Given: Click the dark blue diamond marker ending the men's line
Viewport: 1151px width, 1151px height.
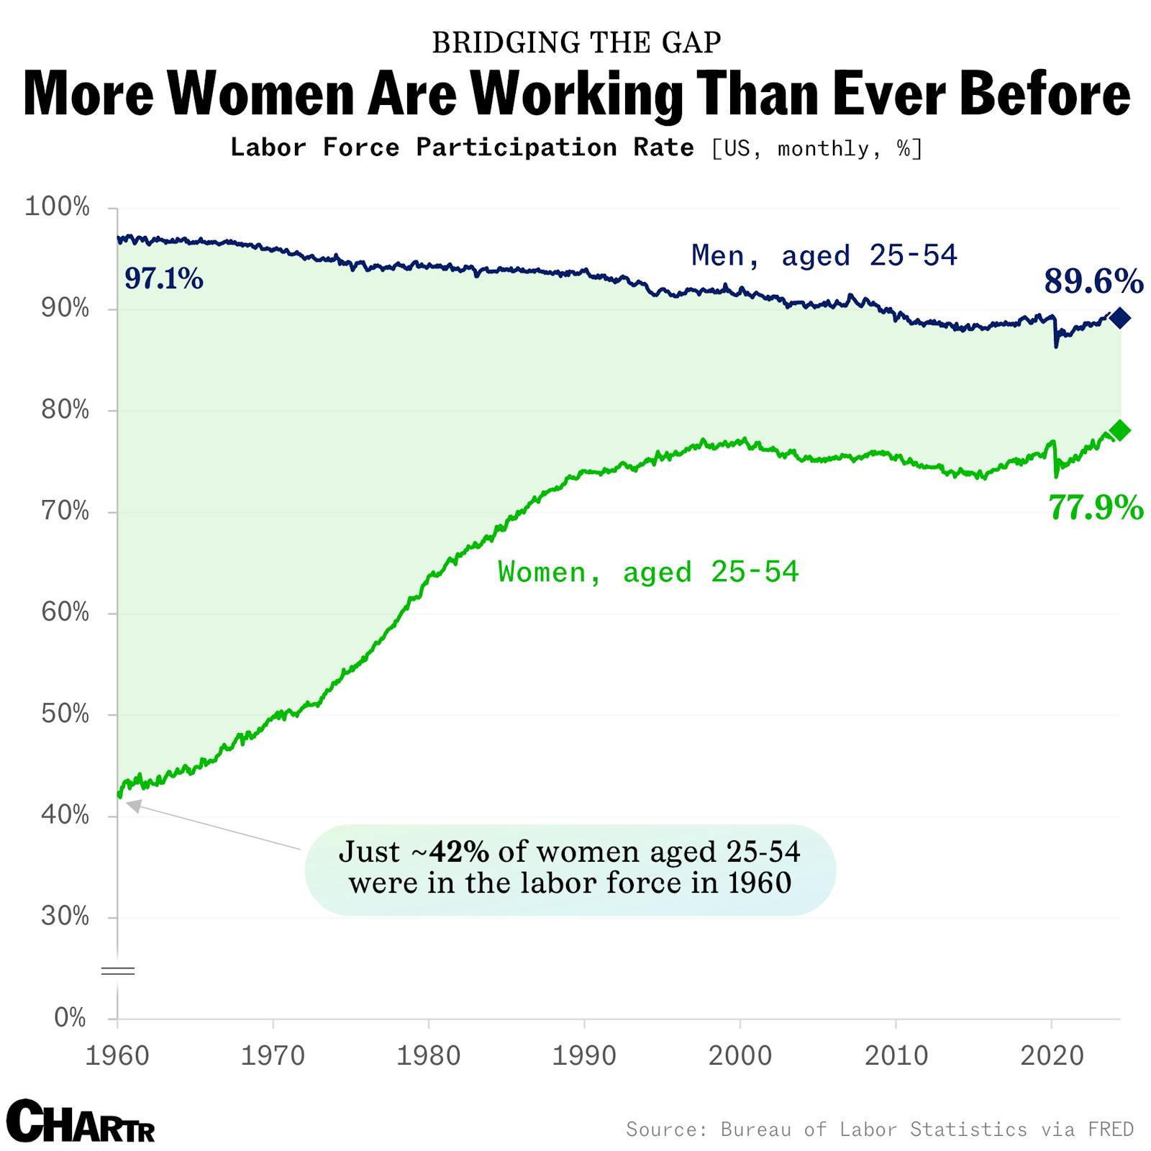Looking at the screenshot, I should tap(1119, 318).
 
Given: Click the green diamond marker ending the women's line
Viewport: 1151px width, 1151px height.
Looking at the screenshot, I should tap(1119, 431).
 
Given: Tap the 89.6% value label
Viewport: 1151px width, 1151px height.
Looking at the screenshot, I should tap(1093, 281).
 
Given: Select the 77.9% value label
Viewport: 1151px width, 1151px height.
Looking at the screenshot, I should tap(1096, 508).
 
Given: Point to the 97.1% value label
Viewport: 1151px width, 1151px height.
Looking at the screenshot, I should tap(164, 278).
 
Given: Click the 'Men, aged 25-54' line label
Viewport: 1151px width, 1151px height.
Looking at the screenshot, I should tap(824, 255).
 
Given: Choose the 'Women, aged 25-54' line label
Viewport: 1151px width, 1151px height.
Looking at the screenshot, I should tap(648, 573).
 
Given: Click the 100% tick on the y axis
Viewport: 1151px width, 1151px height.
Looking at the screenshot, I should tap(58, 207).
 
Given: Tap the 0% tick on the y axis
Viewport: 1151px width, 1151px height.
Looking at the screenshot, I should tap(70, 1018).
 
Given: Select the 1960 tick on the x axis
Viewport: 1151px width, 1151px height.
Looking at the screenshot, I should tap(117, 1056).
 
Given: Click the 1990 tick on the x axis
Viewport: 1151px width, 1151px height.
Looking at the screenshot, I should tap(584, 1056).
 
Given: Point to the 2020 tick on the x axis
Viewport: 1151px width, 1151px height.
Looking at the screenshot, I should tap(1052, 1056).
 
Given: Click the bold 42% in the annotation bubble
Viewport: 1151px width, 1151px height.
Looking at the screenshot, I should tap(459, 852).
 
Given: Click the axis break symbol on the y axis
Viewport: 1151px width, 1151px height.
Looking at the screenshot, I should tap(117, 971).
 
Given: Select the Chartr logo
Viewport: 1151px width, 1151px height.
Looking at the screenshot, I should tap(81, 1121).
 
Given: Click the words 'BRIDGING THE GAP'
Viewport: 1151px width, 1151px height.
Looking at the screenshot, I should tap(576, 43).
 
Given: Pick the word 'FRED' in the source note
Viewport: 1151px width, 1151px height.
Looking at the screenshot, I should tap(1111, 1129).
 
